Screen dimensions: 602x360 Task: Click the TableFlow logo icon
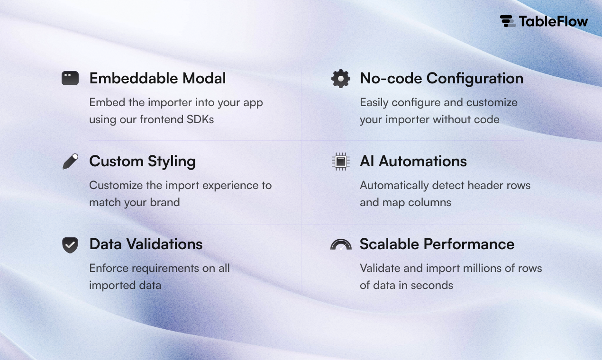coord(507,21)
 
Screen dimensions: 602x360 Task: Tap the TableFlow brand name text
coord(553,21)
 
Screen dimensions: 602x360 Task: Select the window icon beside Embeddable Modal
coord(70,78)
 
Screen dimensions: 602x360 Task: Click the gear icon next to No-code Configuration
coord(341,79)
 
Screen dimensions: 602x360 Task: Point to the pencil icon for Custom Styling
coord(71,161)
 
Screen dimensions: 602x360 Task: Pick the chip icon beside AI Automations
coord(341,162)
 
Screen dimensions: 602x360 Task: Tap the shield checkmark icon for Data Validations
coord(70,245)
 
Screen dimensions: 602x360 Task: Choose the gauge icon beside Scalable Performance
coord(341,244)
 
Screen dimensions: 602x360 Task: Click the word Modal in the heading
coord(204,79)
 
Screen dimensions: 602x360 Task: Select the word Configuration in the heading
coord(475,79)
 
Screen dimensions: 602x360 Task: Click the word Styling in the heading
coord(172,162)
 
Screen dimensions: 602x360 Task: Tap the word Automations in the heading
coord(423,162)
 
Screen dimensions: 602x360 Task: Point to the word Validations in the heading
coord(164,244)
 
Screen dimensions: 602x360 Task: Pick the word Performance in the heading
coord(469,244)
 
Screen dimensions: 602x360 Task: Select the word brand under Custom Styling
coord(165,202)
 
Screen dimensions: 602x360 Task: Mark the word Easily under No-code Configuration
coord(374,103)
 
